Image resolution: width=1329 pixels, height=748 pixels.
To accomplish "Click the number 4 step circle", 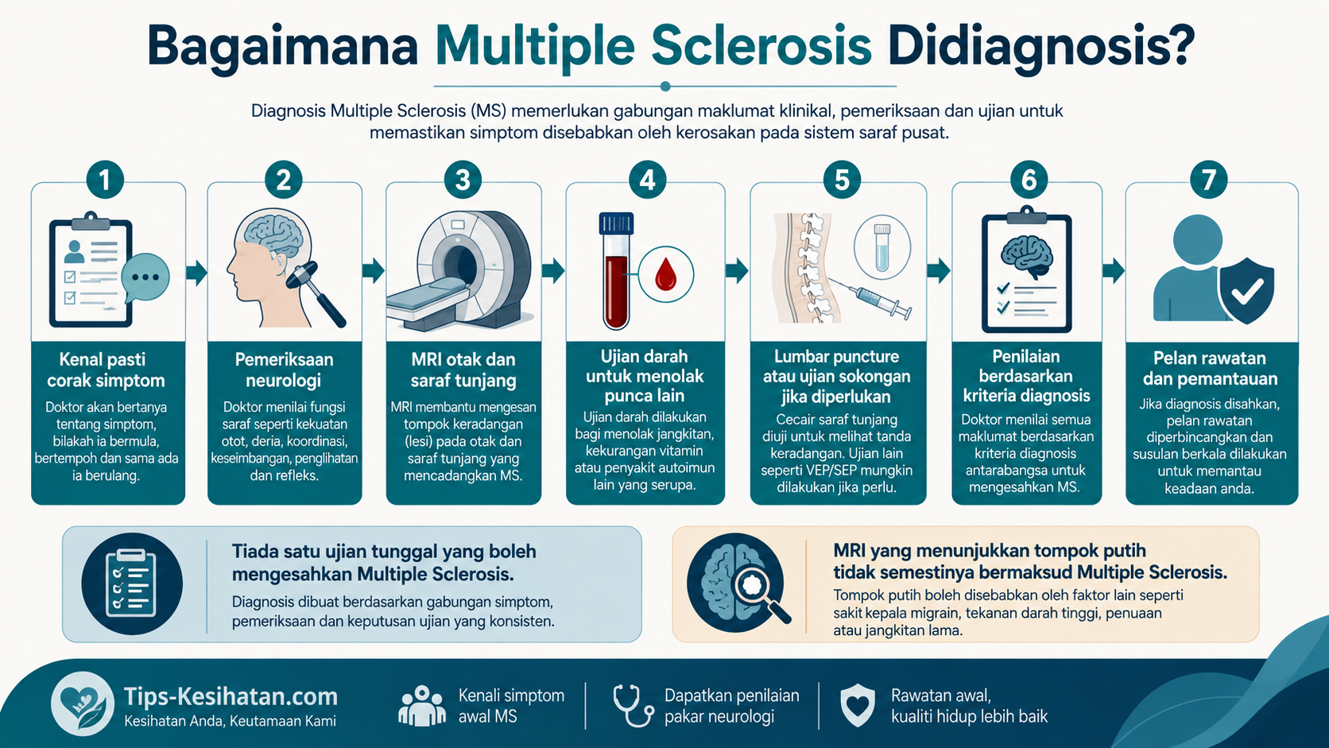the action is (647, 180).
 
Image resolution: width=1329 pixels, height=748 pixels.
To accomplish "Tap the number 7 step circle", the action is (1208, 180).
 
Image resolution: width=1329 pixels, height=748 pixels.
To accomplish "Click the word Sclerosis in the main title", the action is (761, 46).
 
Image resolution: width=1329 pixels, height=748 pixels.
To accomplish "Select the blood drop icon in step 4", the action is (665, 275).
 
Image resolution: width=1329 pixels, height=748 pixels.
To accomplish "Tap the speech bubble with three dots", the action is (145, 277).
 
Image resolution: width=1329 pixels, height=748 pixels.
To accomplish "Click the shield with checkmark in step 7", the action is (1246, 290).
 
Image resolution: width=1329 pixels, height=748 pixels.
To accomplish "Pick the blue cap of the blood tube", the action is (616, 223).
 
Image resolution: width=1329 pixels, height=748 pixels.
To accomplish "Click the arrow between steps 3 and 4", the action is (553, 270).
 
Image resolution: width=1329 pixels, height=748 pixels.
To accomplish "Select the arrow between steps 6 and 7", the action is (1114, 270).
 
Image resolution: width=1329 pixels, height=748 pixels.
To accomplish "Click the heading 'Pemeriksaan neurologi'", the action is (284, 370).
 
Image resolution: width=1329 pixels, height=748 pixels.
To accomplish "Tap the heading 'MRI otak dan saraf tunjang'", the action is (463, 370).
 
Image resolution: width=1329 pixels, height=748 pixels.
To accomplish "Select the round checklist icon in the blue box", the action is (132, 583).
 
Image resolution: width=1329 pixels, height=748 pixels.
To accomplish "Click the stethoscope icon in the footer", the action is (633, 705).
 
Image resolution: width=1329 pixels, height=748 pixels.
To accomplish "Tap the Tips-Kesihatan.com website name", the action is (231, 696).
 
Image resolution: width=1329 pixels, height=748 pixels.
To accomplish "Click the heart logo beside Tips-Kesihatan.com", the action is (83, 703).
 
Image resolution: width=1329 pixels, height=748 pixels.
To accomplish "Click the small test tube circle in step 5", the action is (882, 247).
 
